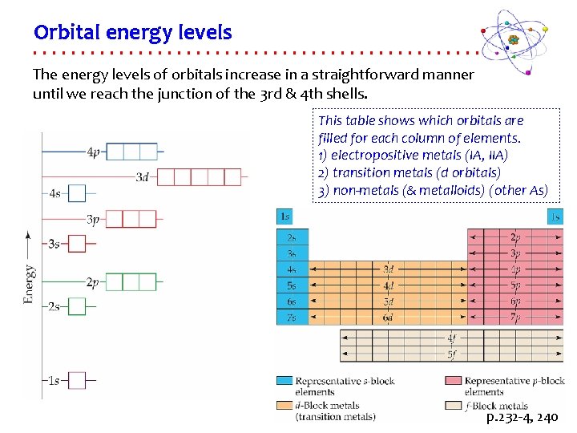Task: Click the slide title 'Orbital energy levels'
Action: [x=132, y=33]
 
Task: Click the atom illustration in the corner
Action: [x=514, y=39]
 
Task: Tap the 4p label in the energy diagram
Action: [x=94, y=152]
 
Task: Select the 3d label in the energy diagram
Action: [x=143, y=176]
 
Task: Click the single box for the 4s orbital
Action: [x=76, y=193]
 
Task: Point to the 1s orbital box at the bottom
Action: [x=76, y=380]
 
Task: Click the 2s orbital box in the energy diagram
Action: [x=76, y=306]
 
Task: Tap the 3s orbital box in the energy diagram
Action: [x=76, y=243]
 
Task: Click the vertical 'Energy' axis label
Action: [x=29, y=284]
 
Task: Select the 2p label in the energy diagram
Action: [x=94, y=282]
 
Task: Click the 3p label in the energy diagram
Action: [x=94, y=219]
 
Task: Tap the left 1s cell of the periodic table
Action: [x=284, y=216]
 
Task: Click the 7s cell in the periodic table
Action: [x=292, y=318]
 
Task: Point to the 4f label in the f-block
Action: [x=452, y=338]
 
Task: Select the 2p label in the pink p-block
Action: [x=514, y=237]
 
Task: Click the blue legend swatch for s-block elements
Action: [x=284, y=380]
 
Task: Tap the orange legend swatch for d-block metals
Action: [x=284, y=406]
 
